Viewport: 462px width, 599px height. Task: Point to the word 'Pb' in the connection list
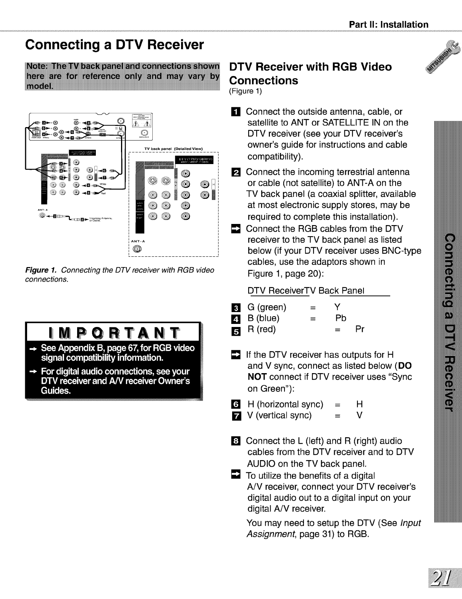coord(341,318)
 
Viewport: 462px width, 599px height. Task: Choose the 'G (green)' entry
coord(267,307)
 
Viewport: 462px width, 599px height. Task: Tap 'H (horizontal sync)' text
coord(285,404)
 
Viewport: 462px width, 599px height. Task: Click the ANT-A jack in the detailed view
coord(137,250)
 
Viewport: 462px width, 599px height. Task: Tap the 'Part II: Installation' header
coord(389,25)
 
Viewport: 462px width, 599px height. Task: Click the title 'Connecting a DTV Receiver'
coord(115,45)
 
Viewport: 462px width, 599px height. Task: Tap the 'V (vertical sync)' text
coord(279,415)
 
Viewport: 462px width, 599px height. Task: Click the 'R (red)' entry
coord(262,329)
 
